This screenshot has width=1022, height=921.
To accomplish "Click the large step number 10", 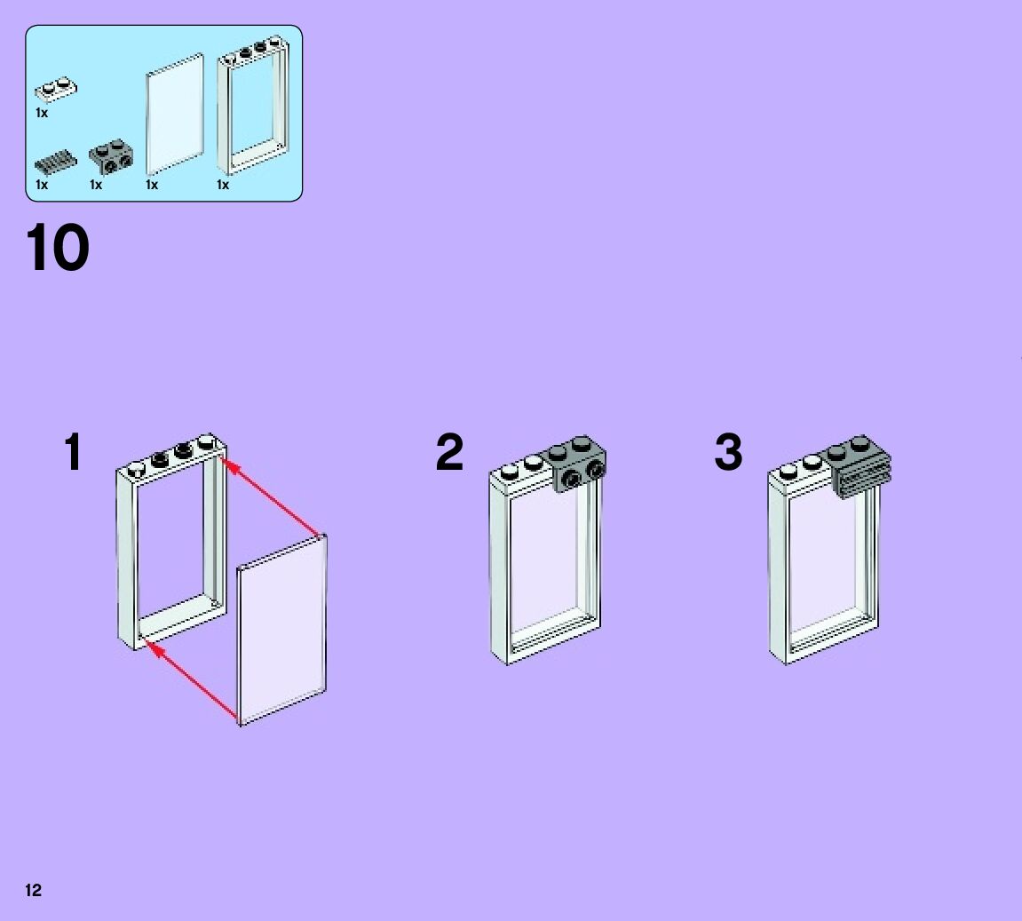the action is (x=58, y=248).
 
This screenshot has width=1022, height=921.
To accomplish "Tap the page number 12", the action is (x=33, y=890).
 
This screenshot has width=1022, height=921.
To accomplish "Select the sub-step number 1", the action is (x=73, y=453).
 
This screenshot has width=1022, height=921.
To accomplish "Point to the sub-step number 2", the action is (x=449, y=453).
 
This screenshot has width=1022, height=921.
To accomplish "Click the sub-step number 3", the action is (x=728, y=453).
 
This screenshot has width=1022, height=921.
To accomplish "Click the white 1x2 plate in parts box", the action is (x=55, y=89).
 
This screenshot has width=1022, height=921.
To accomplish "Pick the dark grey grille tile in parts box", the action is (x=55, y=163).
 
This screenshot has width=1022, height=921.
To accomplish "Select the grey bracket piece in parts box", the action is (x=112, y=156).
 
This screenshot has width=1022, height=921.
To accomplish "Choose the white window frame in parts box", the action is (x=252, y=107).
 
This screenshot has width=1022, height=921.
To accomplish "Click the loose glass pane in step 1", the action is (x=282, y=631).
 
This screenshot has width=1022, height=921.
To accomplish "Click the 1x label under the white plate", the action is (x=42, y=113).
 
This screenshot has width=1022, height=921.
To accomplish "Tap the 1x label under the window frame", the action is (x=223, y=185).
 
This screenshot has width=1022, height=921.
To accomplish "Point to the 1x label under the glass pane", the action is (x=152, y=185).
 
